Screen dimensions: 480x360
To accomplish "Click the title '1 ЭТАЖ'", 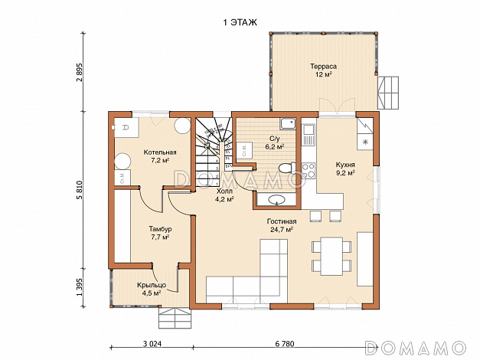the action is [x=240, y=23].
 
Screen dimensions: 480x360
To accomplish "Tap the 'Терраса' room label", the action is [x=323, y=66].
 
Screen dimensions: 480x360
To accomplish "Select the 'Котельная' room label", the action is [x=160, y=152].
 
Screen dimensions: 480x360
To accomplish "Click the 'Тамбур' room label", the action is [x=160, y=229].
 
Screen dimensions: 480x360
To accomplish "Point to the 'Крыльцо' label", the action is [x=152, y=285].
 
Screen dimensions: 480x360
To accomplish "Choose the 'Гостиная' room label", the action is [x=282, y=221].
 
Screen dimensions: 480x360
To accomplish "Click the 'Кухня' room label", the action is [x=345, y=165].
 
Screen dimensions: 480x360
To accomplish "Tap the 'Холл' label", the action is [x=224, y=191].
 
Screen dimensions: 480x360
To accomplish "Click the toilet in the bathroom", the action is [x=287, y=168].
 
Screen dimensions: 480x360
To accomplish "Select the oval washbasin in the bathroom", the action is [x=276, y=200].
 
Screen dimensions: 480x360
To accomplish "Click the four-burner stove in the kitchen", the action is [x=309, y=171].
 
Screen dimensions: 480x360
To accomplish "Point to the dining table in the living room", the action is [x=331, y=256].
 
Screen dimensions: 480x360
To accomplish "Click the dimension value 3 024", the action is [x=152, y=344].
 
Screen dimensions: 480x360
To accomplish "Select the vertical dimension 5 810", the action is [x=80, y=190].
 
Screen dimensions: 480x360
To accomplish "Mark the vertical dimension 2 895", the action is [x=80, y=72].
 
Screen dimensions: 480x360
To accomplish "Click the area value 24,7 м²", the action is [x=282, y=230].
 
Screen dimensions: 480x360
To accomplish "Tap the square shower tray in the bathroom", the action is [x=287, y=124].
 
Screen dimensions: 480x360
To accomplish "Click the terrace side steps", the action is [x=388, y=93].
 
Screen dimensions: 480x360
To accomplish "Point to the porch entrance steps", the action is [x=175, y=318].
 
